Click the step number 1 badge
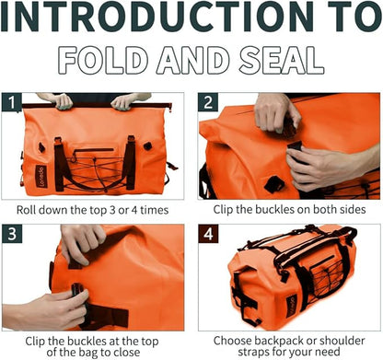(x=11, y=102)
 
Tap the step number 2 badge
(x=208, y=102)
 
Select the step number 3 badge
(x=12, y=234)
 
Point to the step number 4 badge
(x=208, y=234)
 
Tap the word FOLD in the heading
(x=102, y=60)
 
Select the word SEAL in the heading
(x=281, y=60)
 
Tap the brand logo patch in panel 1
(x=41, y=177)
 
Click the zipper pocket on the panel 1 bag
(x=95, y=151)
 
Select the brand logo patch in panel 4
(x=291, y=306)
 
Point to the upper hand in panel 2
(x=277, y=113)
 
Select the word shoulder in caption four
(x=342, y=341)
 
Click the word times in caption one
(x=155, y=210)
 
